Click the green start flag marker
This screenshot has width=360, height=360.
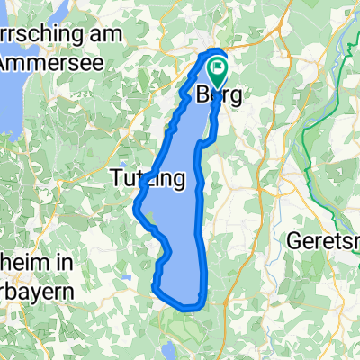click(x=218, y=67)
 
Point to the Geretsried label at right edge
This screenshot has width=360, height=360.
click(x=324, y=240)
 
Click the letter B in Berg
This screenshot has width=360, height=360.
click(x=203, y=95)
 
